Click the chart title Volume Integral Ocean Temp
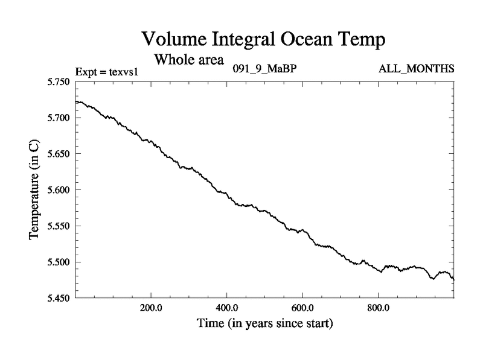coord(263,40)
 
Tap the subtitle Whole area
coord(190,60)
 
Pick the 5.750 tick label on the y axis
coord(59,81)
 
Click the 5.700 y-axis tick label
coord(59,118)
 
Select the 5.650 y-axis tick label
coord(59,154)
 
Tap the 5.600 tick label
coord(59,190)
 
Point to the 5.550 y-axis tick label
coord(59,226)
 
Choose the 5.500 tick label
coord(59,262)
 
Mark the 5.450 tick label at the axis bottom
coord(59,298)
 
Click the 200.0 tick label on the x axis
coord(150,307)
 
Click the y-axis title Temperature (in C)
coord(34,189)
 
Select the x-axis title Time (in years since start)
coord(264,324)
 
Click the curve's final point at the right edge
coord(453,279)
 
